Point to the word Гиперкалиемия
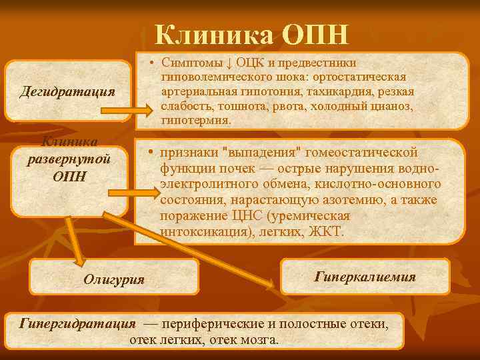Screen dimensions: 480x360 tap(365, 276)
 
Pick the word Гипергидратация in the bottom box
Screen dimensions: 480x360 tap(79, 324)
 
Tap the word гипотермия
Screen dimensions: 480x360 tap(196, 121)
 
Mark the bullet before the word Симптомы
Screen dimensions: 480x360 tap(153, 63)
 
